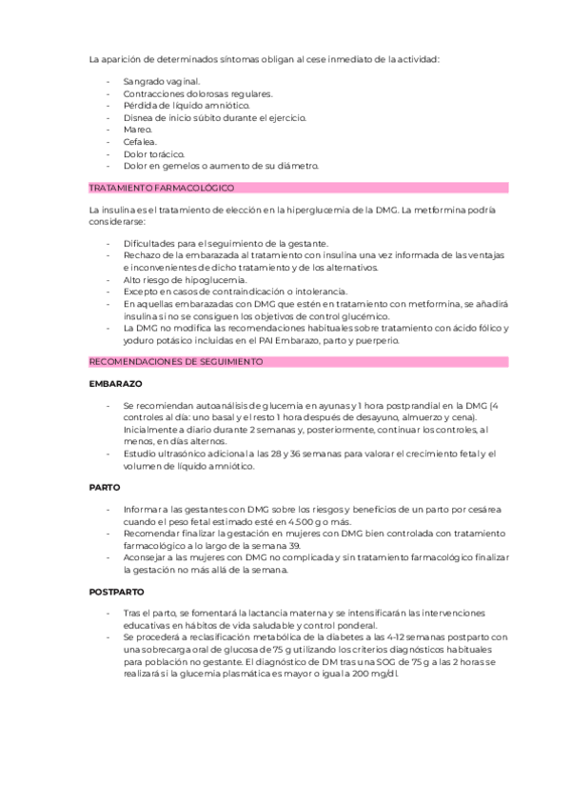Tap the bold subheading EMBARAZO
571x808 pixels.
(x=115, y=383)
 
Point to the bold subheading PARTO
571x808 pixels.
(x=104, y=486)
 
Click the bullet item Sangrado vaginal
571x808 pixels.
(x=162, y=82)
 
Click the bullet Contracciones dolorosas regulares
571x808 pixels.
(x=198, y=93)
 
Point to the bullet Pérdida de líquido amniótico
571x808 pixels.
(x=187, y=106)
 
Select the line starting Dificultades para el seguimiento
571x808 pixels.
(x=226, y=243)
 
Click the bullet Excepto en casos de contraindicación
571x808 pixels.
(x=236, y=292)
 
